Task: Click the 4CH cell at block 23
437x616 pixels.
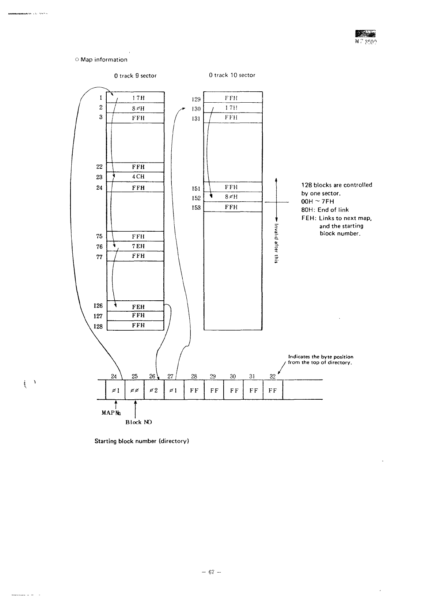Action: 138,177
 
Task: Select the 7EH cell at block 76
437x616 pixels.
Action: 138,246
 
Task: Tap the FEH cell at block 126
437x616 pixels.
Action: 138,307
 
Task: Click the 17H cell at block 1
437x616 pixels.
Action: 138,98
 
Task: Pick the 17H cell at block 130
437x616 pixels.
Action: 232,108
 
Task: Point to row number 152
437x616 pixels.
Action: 196,198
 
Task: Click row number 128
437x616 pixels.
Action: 98,326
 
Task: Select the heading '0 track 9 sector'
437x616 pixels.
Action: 135,76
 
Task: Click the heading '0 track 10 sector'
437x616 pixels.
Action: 232,75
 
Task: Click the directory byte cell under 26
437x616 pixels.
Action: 154,390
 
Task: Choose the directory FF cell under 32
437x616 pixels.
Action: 273,390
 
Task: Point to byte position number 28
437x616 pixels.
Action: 194,376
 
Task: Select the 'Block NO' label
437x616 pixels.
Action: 138,422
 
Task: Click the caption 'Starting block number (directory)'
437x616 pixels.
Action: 141,441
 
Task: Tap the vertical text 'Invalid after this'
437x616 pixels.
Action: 277,243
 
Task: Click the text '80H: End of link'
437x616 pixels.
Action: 325,210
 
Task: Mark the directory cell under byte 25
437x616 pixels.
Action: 134,390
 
